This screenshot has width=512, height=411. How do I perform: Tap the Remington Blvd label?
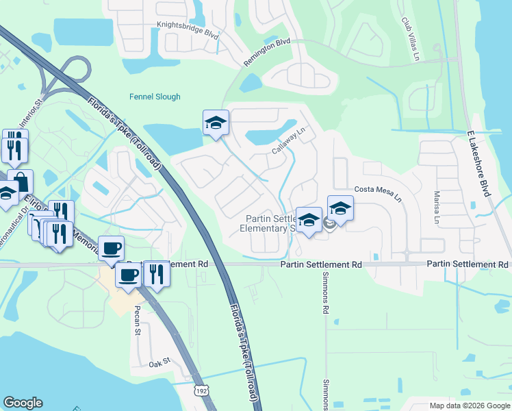coord(267,52)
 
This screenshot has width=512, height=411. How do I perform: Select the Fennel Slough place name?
coord(155,97)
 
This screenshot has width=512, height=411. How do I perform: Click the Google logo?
coord(23,403)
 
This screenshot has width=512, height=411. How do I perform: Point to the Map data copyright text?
coord(469,406)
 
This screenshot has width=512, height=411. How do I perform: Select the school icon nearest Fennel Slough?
coord(216,123)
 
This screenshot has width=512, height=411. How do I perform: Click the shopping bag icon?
coord(21,182)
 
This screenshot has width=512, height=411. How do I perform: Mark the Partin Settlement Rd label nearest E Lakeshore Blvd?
coord(468,264)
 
